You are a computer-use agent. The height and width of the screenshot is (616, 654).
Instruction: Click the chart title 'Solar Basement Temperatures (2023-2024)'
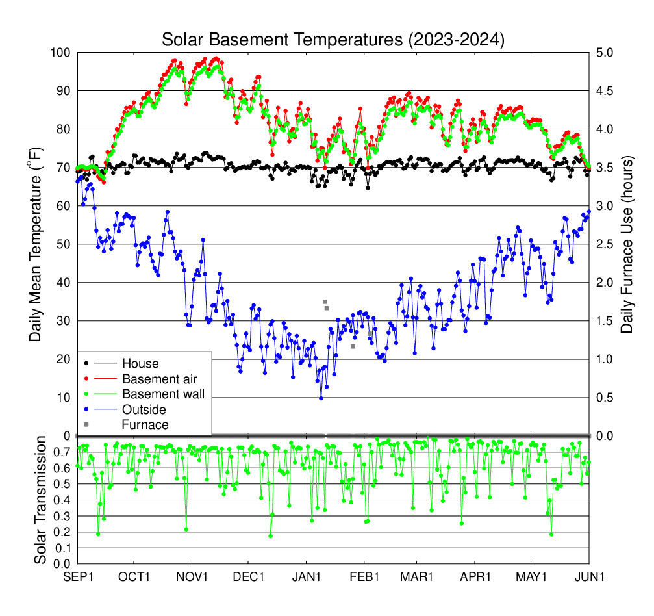coord(333,40)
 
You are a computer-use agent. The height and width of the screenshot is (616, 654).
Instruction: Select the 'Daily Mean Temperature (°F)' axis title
coord(36,244)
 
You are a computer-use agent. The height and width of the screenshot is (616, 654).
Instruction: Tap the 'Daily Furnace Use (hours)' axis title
coord(627,244)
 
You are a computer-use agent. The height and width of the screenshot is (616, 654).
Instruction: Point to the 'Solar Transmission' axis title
coord(40,500)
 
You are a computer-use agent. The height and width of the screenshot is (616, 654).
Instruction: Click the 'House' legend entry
coord(140,363)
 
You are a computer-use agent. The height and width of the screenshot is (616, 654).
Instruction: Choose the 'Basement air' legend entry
coord(159,378)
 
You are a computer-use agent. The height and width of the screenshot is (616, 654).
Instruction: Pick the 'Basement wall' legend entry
coord(163,394)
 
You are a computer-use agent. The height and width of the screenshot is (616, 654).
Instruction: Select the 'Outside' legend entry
coord(144,409)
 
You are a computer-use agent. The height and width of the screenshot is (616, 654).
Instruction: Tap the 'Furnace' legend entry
coord(145,425)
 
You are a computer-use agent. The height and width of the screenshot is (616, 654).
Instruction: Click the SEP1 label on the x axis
coord(77,576)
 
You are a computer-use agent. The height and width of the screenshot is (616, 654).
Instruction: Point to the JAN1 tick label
coord(306,576)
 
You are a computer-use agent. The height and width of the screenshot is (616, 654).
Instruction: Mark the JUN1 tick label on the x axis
coord(589,576)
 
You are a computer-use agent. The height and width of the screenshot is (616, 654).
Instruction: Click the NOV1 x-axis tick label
coord(192,576)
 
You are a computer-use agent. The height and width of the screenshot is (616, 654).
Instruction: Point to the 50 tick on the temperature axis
coord(62,244)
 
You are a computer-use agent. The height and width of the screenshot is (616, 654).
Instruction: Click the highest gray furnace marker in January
coord(325,302)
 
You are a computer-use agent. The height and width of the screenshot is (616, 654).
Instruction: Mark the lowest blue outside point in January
coord(321,398)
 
